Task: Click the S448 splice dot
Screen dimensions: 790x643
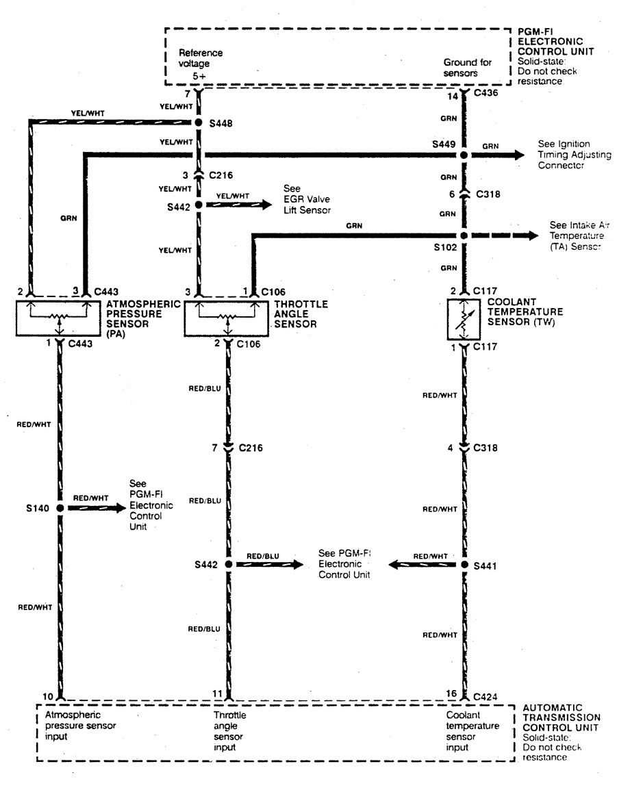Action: tap(199, 123)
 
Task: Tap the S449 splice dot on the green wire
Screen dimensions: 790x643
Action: tap(464, 155)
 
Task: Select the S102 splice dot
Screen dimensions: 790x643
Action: tap(464, 236)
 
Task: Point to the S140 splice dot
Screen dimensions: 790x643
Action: tap(60, 508)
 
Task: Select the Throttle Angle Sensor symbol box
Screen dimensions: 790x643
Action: tap(226, 318)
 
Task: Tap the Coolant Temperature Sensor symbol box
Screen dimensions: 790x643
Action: tap(464, 319)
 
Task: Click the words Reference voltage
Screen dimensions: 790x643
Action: tap(201, 58)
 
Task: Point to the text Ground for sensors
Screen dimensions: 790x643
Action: tap(468, 67)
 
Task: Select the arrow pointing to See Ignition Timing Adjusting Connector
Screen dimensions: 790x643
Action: tap(520, 155)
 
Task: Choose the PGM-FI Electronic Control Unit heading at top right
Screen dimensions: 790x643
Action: tap(555, 41)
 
